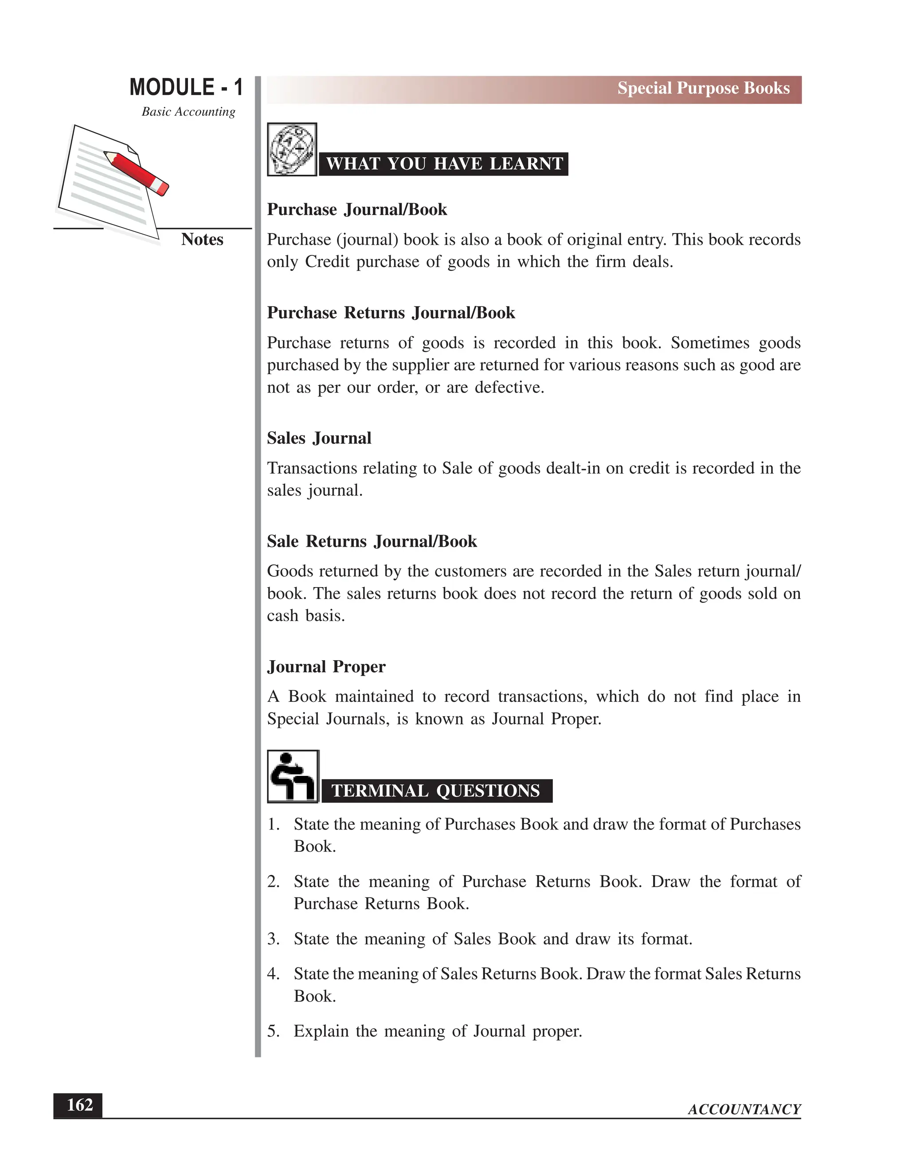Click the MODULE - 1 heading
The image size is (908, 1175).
click(186, 87)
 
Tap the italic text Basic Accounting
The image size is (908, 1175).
click(188, 112)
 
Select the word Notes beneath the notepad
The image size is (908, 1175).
click(202, 239)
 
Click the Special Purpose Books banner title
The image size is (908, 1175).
click(703, 88)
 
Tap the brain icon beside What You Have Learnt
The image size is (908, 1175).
click(292, 149)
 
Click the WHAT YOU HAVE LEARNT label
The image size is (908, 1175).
click(444, 164)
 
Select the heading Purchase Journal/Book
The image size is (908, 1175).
click(356, 209)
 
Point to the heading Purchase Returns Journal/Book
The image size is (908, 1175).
click(391, 313)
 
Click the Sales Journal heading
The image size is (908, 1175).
click(319, 438)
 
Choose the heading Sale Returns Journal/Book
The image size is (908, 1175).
click(372, 541)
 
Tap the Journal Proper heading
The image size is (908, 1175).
click(326, 666)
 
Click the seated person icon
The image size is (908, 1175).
click(293, 776)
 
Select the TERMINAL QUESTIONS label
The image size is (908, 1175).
click(436, 791)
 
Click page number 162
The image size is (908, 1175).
click(79, 1105)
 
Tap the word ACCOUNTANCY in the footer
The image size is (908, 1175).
click(744, 1109)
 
